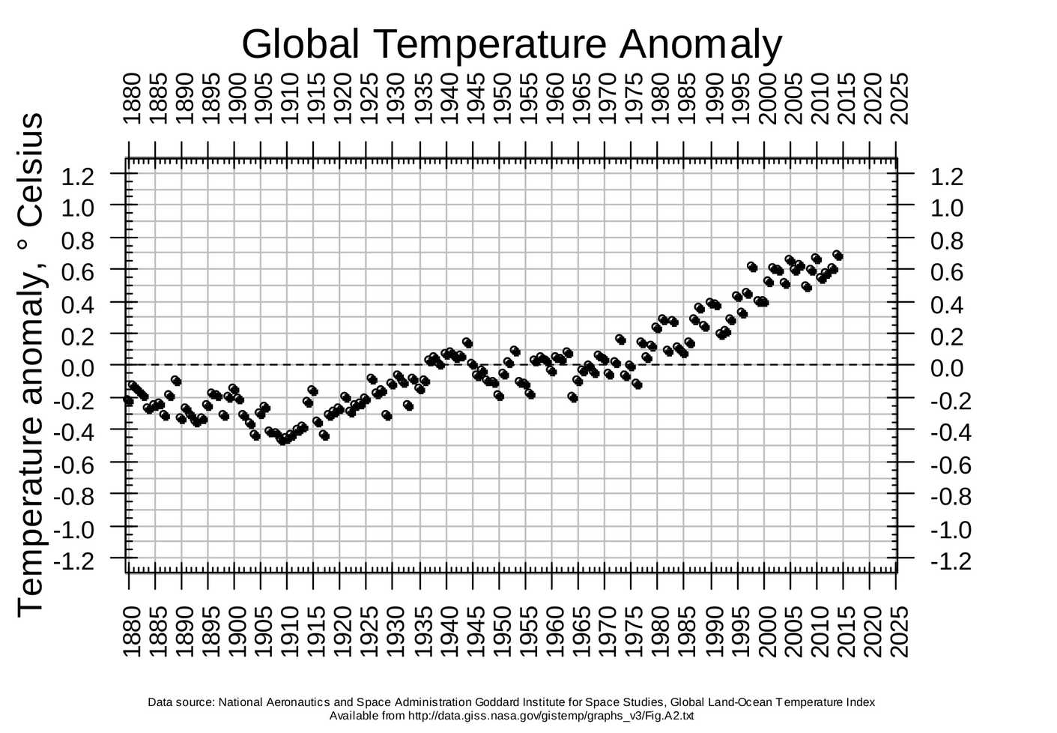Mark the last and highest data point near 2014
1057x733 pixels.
click(x=838, y=256)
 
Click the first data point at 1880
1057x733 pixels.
click(x=128, y=401)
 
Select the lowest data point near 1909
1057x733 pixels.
click(x=282, y=440)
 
